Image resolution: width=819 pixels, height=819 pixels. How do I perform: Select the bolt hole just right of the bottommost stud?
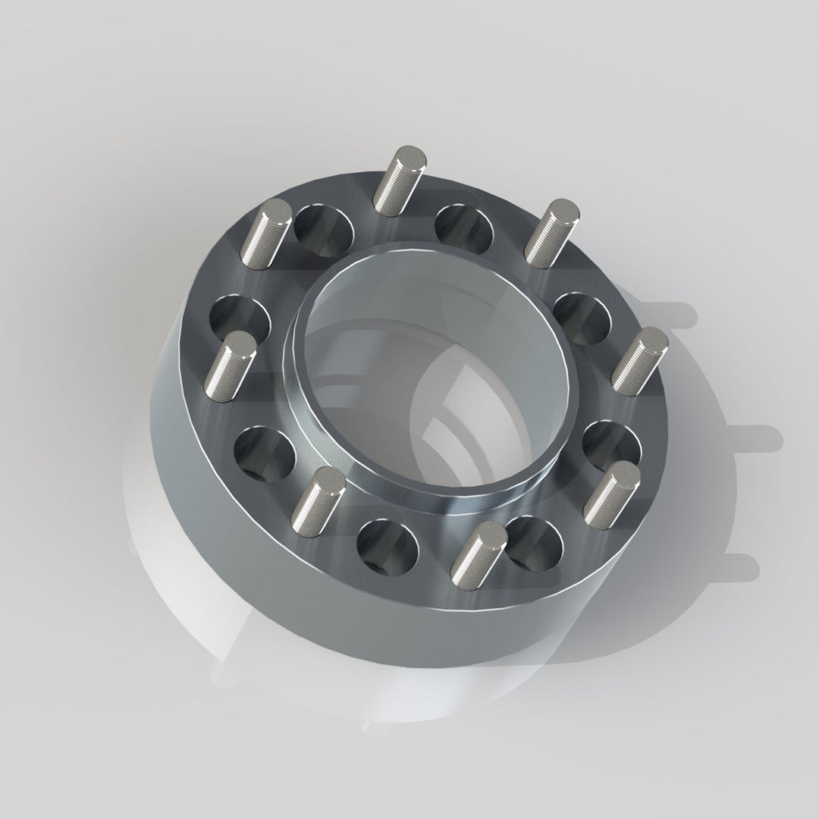coord(535,541)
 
